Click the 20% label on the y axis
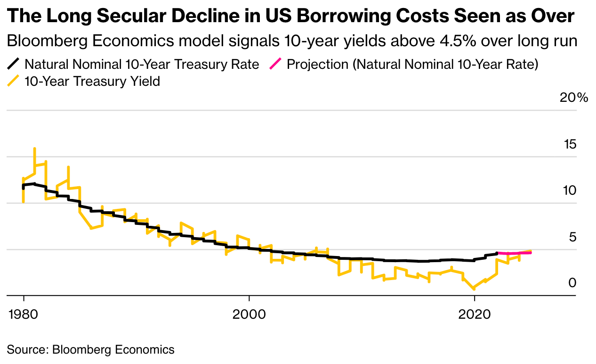pyautogui.click(x=573, y=98)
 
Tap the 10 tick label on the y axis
pyautogui.click(x=570, y=190)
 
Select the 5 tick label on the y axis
pyautogui.click(x=573, y=237)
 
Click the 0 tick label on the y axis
pyautogui.click(x=572, y=283)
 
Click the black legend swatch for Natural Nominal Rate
pyautogui.click(x=14, y=64)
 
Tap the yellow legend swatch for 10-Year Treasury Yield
pyautogui.click(x=14, y=82)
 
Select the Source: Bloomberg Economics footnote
pyautogui.click(x=90, y=349)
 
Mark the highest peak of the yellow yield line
pyautogui.click(x=34, y=149)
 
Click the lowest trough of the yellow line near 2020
pyautogui.click(x=474, y=289)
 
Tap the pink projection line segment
pyautogui.click(x=515, y=253)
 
